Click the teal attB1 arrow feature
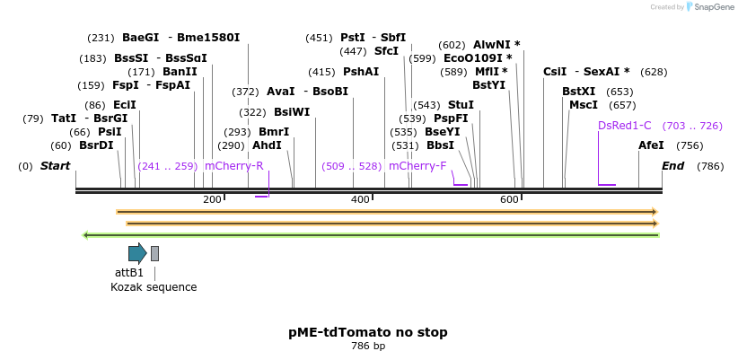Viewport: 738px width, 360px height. (136, 253)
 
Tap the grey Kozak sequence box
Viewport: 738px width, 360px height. (154, 253)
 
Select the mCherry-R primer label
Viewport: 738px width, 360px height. (234, 166)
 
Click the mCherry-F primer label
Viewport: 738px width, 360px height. (417, 166)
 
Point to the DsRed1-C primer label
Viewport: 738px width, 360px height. (624, 126)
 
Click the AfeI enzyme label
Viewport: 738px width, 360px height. (651, 145)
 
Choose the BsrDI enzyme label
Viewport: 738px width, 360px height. (96, 145)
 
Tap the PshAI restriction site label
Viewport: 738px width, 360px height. (361, 72)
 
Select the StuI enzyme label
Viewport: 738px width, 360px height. (461, 105)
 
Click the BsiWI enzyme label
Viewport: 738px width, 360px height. (292, 112)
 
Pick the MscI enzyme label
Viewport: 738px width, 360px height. (583, 105)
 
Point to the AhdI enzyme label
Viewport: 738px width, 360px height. (267, 145)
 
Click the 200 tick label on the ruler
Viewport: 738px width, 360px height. (213, 199)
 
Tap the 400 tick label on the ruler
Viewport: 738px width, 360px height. (361, 199)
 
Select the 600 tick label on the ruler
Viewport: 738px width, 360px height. (510, 199)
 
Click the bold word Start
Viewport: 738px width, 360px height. (55, 166)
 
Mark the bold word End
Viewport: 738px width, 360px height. (672, 166)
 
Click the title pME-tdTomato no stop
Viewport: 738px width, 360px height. (368, 332)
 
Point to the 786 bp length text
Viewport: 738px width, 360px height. (368, 347)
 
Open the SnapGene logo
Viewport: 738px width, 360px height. (709, 7)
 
